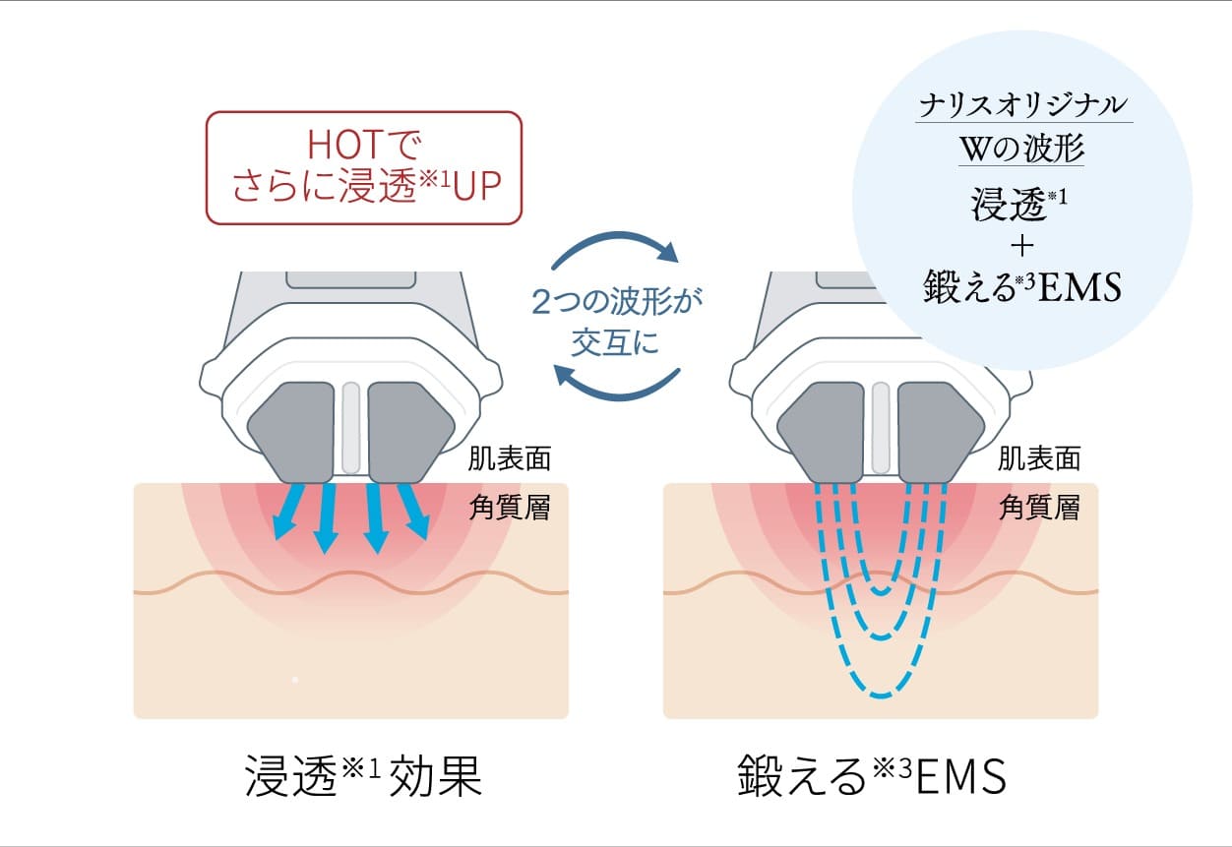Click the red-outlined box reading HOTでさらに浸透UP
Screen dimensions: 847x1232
362,167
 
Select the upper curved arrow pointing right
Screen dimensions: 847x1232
616,246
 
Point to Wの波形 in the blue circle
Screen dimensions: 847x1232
1023,151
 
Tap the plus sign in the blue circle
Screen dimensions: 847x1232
1023,246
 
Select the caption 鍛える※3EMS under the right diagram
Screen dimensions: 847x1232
872,777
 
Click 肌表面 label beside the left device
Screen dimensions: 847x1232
510,458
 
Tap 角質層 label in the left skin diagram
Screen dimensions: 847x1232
510,508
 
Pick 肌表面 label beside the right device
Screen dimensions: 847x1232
1039,458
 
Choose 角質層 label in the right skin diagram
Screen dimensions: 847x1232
1039,508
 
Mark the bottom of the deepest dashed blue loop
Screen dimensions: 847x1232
881,695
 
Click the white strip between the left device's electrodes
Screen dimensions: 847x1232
351,425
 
